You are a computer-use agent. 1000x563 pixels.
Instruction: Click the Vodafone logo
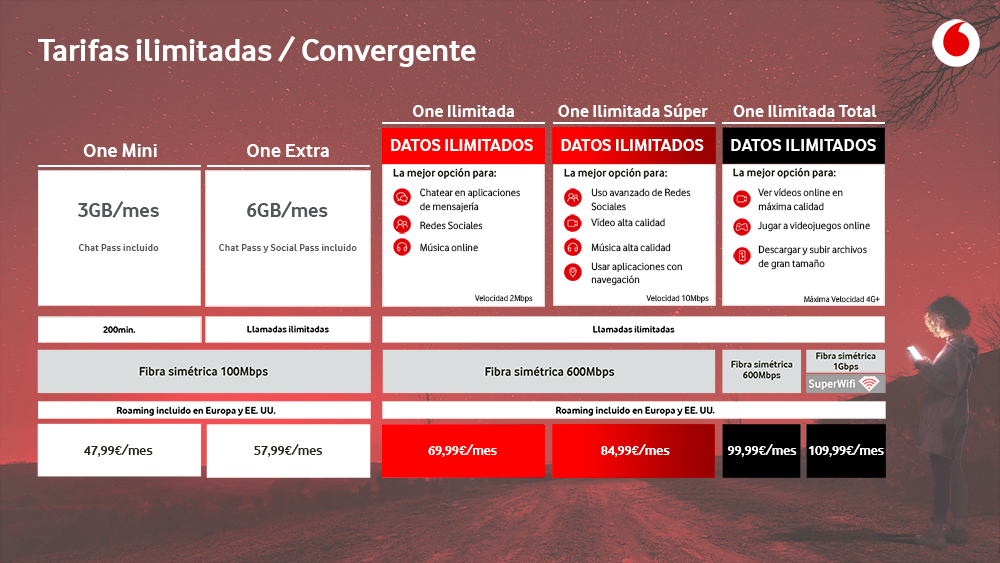[x=955, y=43]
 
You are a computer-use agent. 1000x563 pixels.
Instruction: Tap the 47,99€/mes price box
[x=119, y=450]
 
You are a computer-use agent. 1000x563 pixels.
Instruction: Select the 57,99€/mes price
[x=288, y=450]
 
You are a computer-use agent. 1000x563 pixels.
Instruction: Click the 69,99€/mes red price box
[x=463, y=450]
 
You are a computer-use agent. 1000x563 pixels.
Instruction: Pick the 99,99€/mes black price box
[x=761, y=450]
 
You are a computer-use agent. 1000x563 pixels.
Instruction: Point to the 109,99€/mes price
[x=846, y=450]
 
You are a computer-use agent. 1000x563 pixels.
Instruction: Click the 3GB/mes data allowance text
[x=118, y=210]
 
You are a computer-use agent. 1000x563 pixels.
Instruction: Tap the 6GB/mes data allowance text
[x=287, y=210]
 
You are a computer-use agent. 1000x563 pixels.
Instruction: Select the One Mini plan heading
[x=120, y=150]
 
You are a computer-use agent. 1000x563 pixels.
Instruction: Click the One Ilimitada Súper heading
[x=633, y=112]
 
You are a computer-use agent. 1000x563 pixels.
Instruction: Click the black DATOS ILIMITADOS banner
[x=804, y=145]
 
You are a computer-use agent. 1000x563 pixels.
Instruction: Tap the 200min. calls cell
[x=119, y=330]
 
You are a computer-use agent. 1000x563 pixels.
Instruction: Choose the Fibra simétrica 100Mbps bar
[x=204, y=371]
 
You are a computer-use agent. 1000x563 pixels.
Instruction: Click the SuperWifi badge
[x=845, y=383]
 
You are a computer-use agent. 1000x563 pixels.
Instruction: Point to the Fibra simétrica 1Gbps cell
[x=845, y=361]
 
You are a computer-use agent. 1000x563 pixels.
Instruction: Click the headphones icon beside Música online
[x=402, y=247]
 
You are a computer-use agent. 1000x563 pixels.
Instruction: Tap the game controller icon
[x=742, y=226]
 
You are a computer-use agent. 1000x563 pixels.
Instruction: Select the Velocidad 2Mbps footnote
[x=503, y=298]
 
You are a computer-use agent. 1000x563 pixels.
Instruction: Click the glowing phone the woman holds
[x=914, y=353]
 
